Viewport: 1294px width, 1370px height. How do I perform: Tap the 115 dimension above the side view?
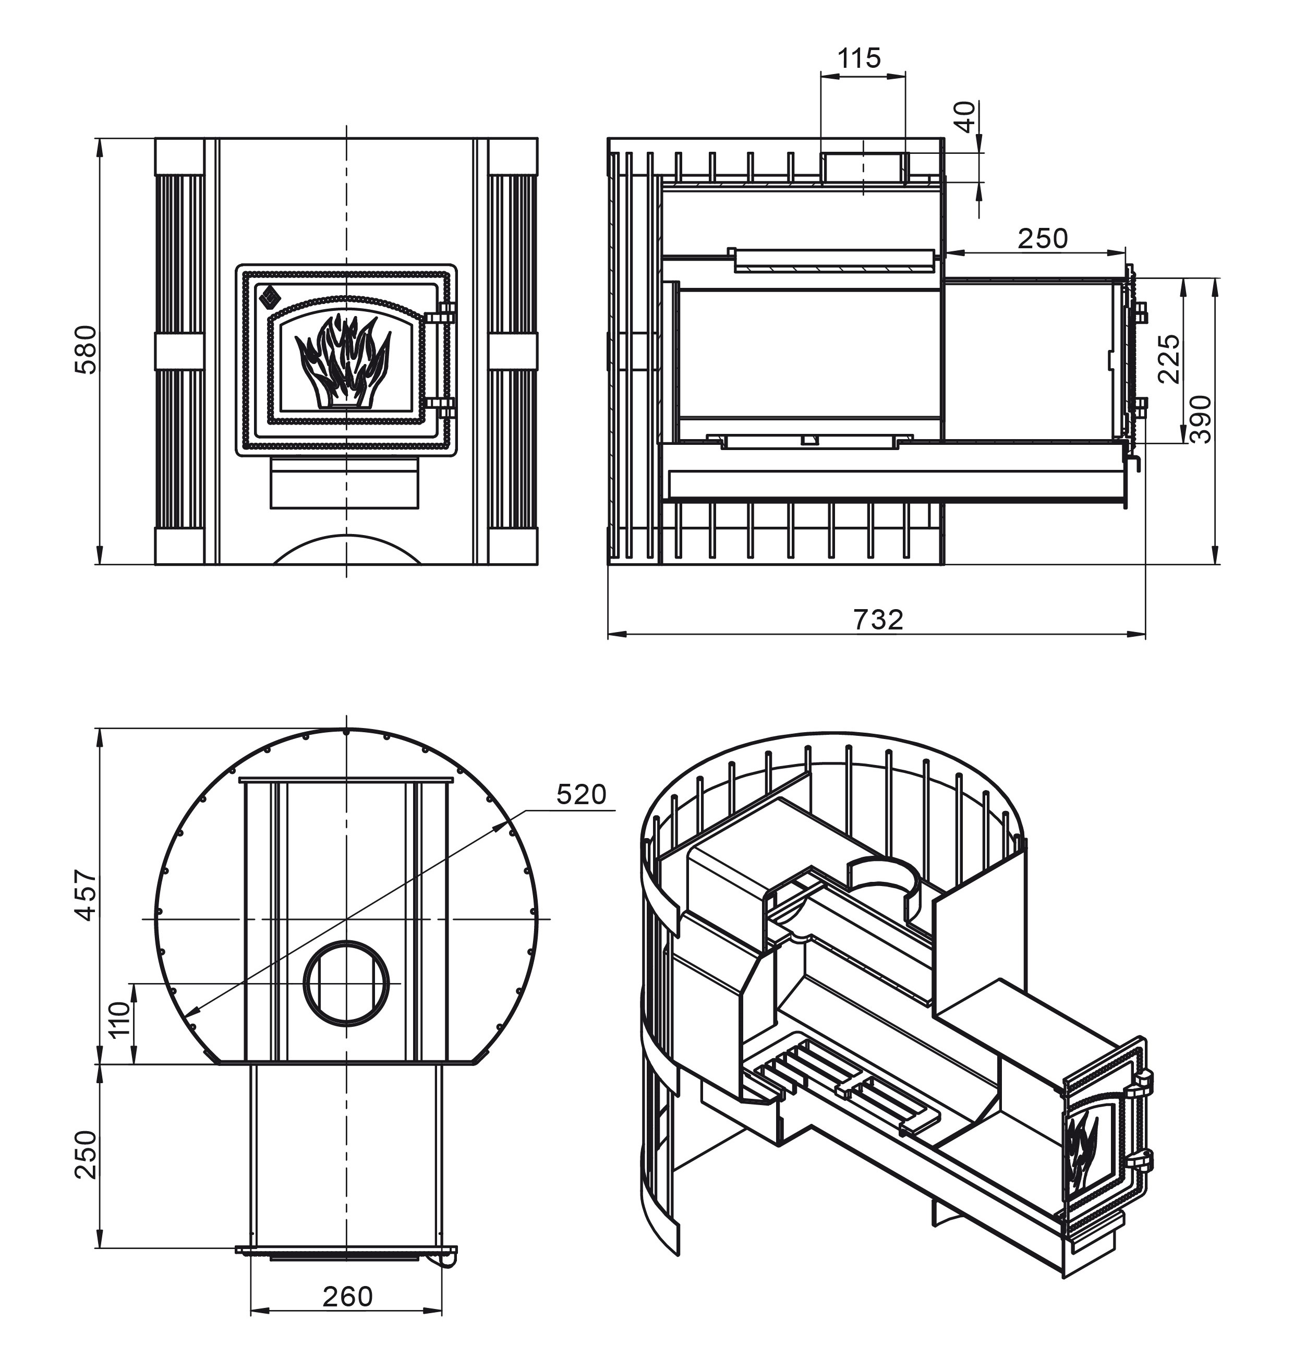(859, 58)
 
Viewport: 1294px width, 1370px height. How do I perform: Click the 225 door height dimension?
(1169, 359)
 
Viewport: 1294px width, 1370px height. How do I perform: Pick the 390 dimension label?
(1201, 419)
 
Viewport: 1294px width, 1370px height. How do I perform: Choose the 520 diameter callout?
(581, 795)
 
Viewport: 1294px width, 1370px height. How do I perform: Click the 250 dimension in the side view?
(1042, 239)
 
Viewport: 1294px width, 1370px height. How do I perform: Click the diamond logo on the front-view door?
(268, 296)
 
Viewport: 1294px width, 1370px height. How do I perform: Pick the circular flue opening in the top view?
(346, 984)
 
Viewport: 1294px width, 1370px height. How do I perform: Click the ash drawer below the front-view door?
(344, 483)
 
